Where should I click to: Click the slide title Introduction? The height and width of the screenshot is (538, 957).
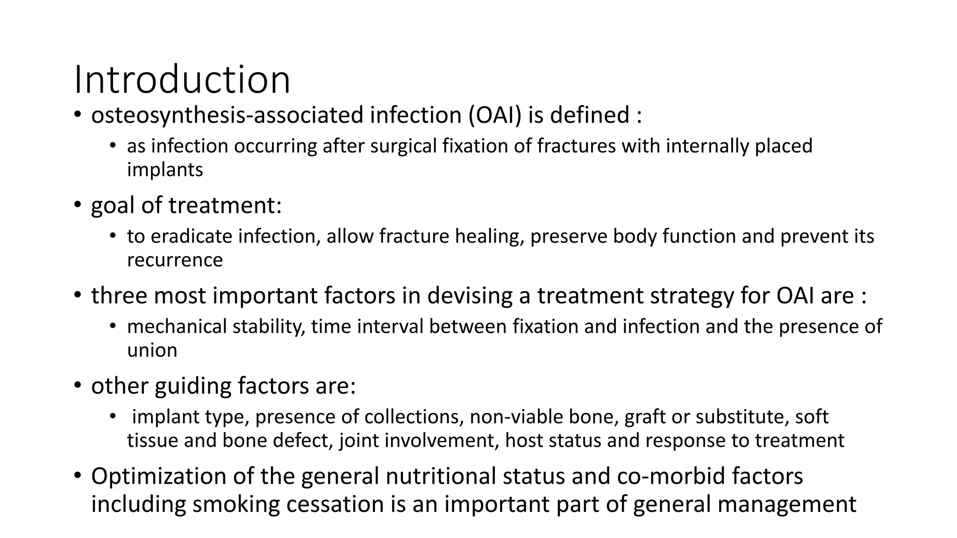(182, 80)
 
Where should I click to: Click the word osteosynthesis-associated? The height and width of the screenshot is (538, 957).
(227, 115)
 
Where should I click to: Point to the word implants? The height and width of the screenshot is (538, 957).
(165, 170)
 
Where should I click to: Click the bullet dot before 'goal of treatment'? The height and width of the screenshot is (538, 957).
(77, 205)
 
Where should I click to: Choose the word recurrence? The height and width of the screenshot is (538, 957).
(175, 260)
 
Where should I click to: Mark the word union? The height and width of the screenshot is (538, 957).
(152, 350)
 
